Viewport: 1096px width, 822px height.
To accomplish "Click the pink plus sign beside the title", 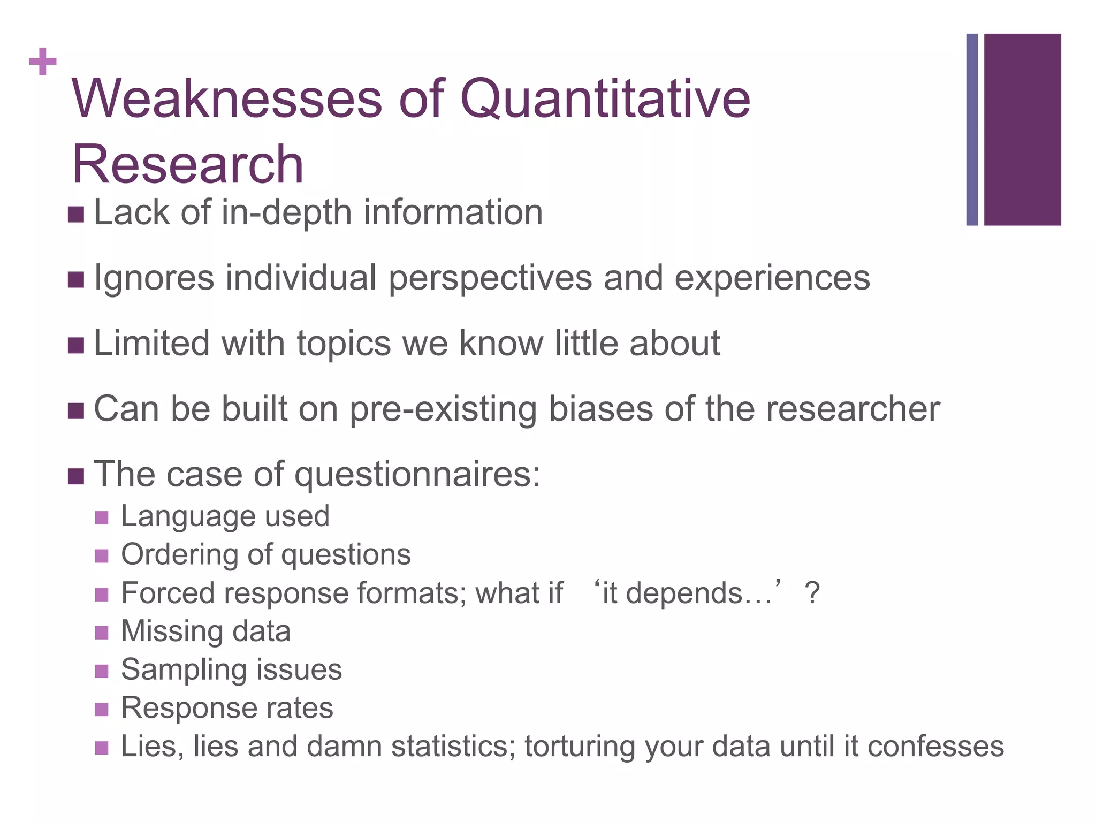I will click(x=43, y=62).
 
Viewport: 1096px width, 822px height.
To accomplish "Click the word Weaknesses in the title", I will click(x=227, y=99).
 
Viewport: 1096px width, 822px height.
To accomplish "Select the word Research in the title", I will click(x=187, y=164).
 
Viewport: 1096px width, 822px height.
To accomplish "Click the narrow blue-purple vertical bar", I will click(x=972, y=130).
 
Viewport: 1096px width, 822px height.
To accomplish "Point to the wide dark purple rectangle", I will click(x=1022, y=130).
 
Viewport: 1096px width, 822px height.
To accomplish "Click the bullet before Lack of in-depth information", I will click(x=76, y=215).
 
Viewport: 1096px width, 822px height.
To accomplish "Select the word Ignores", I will click(x=154, y=279).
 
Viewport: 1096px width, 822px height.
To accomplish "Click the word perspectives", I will click(x=490, y=279).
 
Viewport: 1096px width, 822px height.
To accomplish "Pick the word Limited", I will click(x=151, y=343).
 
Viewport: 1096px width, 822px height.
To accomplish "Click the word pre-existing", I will click(x=443, y=409).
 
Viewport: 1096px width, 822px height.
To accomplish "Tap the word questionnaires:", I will click(x=417, y=475).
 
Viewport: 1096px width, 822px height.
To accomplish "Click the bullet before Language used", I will click(x=102, y=518).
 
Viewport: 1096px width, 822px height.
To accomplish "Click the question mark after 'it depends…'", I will click(x=812, y=593).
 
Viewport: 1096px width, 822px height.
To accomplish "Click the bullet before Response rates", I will click(x=102, y=710).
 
